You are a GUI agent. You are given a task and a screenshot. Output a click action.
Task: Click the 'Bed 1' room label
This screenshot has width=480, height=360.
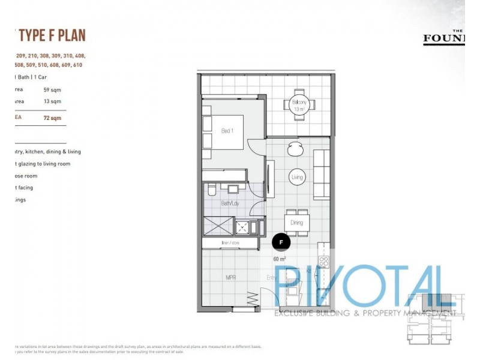tap(227, 131)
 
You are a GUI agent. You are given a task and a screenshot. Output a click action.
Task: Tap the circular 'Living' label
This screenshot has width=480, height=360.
tap(297, 178)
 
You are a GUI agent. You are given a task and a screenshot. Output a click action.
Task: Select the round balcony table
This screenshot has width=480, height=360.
tap(299, 105)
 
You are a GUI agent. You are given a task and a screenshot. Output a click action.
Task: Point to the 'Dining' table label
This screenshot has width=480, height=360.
tap(296, 223)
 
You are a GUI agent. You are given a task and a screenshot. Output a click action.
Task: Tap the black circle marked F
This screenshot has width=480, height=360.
tap(281, 242)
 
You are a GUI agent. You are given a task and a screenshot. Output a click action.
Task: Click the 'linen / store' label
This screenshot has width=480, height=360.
tap(230, 243)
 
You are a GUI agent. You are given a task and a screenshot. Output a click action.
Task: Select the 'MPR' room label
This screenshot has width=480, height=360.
tap(230, 278)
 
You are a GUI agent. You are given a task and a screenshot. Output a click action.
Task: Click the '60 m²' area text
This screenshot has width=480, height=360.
tap(280, 259)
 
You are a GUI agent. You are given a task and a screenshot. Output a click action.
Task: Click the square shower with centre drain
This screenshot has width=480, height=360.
tap(242, 227)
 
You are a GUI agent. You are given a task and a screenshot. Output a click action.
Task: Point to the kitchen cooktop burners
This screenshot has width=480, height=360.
tap(325, 262)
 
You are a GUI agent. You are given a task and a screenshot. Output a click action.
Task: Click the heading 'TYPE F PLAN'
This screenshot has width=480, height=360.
tap(52, 35)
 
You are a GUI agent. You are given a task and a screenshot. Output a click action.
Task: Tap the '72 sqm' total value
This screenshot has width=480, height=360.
tap(52, 118)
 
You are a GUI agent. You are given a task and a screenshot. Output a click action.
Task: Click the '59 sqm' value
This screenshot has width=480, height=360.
tap(52, 89)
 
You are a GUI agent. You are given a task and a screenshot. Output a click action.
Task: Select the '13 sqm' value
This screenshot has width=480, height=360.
tap(52, 101)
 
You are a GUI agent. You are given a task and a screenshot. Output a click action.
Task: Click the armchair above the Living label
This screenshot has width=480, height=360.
tap(295, 147)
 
